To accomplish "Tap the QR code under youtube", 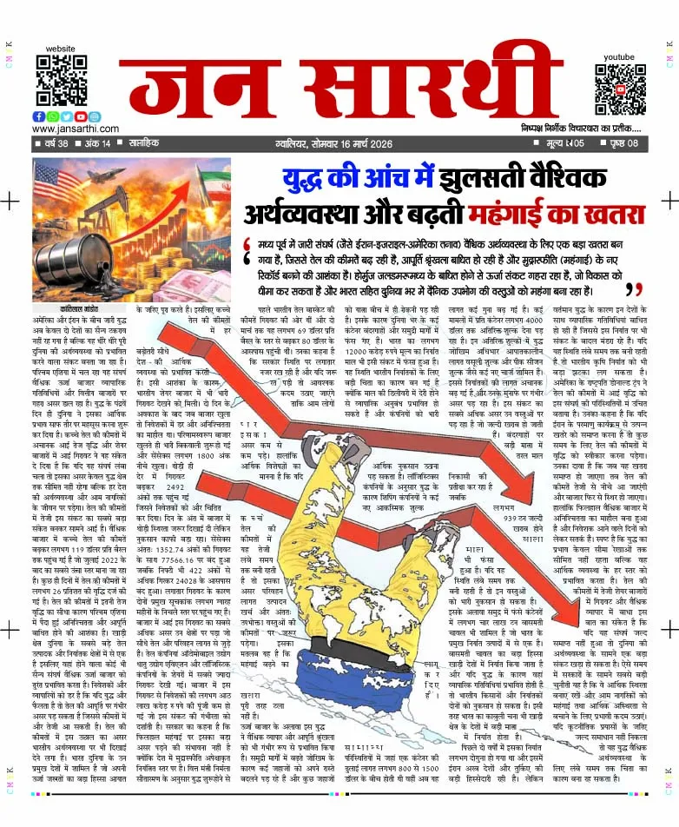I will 619,83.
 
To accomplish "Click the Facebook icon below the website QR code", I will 39,116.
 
